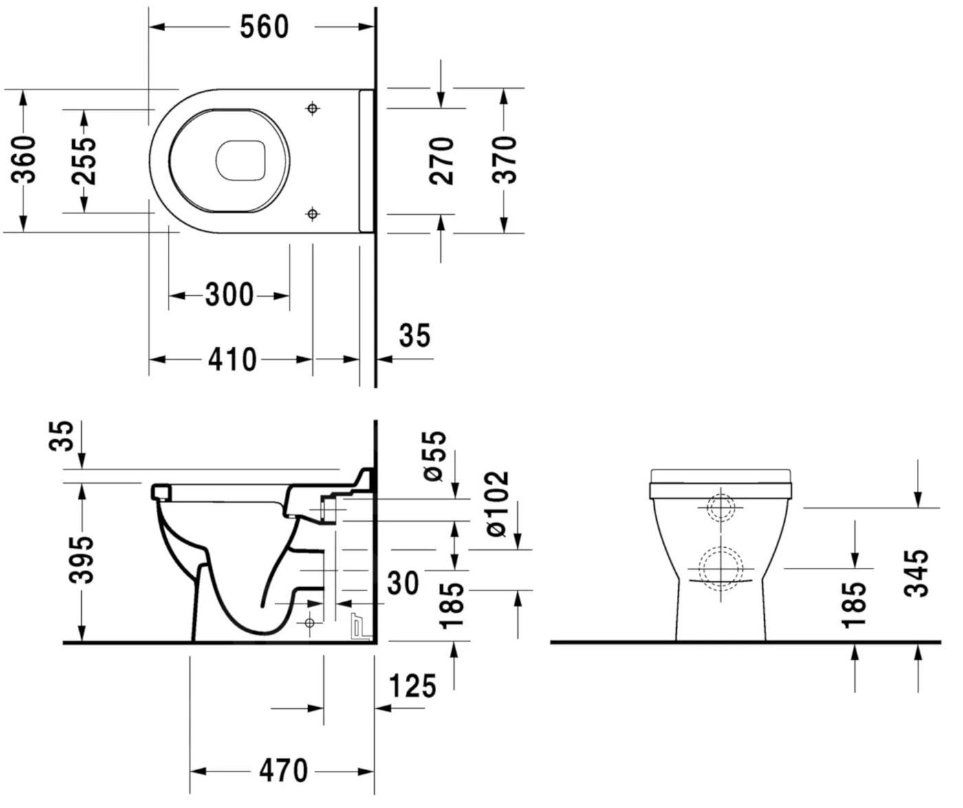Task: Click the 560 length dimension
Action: [264, 28]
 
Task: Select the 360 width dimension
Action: [25, 160]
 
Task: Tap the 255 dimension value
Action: [85, 160]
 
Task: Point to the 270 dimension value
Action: [442, 160]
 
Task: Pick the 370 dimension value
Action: [504, 160]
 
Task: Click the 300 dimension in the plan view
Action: [229, 296]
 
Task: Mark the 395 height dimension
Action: [83, 559]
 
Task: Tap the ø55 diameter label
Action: [435, 456]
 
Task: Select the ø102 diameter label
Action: [497, 504]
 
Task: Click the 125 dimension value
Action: [413, 686]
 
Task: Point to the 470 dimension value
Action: [283, 771]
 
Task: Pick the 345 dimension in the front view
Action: [917, 573]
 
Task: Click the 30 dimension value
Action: [402, 584]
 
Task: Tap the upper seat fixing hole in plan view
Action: [312, 108]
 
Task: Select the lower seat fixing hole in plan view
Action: [312, 214]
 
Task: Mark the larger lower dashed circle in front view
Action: [720, 568]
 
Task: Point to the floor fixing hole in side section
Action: [309, 623]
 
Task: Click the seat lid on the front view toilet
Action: [720, 476]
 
